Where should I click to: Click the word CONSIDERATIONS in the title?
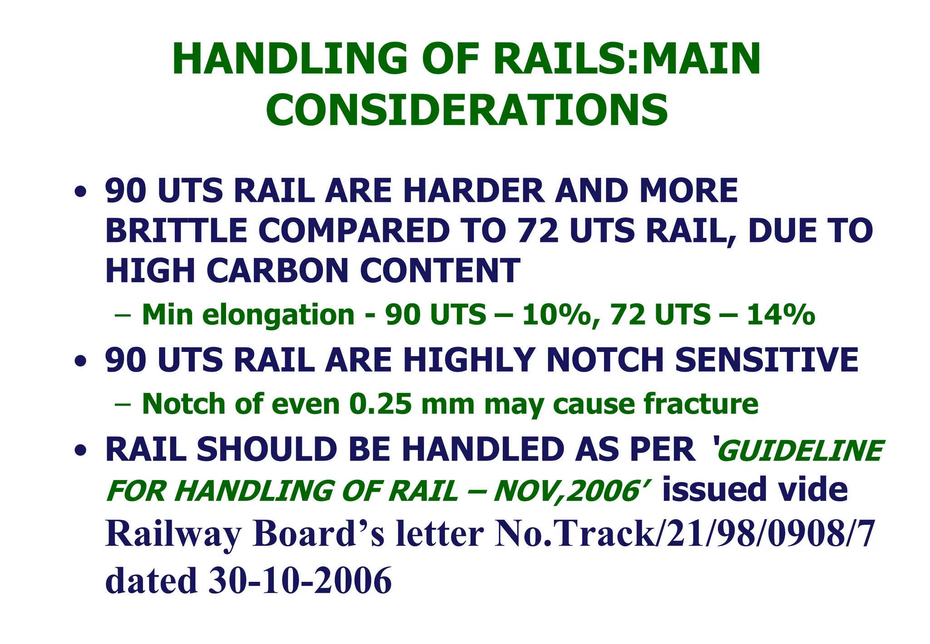point(466,110)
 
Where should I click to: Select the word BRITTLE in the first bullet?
point(176,231)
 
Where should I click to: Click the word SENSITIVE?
point(767,360)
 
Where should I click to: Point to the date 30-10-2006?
point(300,580)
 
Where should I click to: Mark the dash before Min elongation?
point(123,315)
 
